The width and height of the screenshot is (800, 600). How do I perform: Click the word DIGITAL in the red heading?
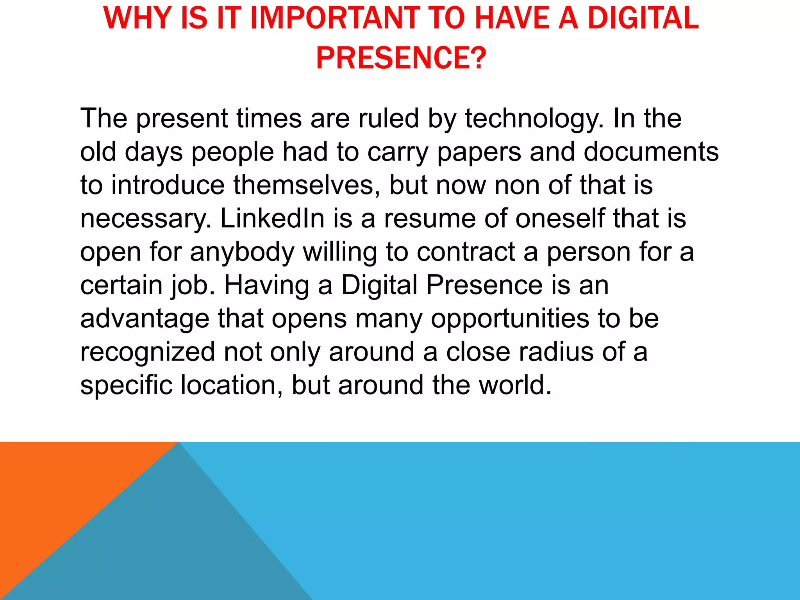643,18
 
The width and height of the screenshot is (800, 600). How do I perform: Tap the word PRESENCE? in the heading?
401,58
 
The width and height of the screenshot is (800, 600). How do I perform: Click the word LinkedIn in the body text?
272,218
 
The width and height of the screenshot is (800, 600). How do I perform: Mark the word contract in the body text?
466,252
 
